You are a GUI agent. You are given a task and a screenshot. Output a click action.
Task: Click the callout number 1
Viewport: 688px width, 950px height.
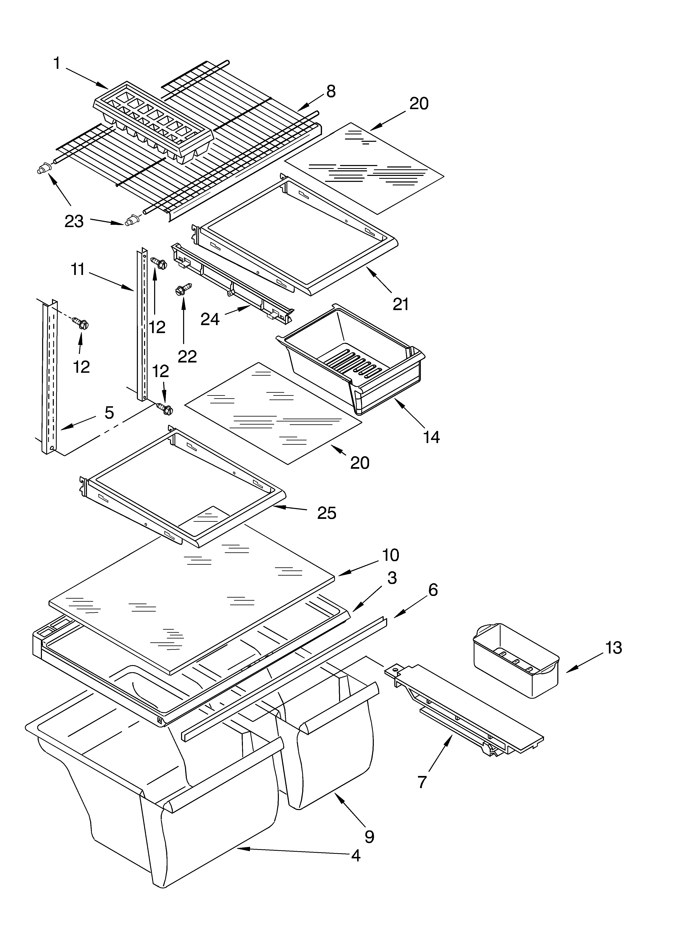pyautogui.click(x=57, y=64)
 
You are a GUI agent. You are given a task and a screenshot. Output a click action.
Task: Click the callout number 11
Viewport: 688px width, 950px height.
pyautogui.click(x=78, y=269)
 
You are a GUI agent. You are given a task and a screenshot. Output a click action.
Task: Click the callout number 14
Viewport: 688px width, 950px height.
pyautogui.click(x=431, y=437)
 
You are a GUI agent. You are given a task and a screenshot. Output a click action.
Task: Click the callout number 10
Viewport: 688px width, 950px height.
pyautogui.click(x=390, y=555)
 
